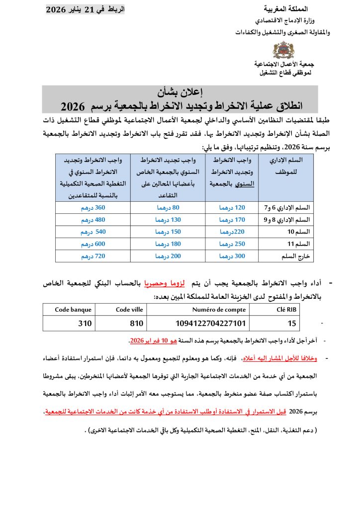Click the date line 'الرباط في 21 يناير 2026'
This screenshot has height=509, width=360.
[x=86, y=10]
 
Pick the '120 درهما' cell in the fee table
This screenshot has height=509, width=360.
[x=232, y=208]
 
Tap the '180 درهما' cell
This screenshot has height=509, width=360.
[x=168, y=244]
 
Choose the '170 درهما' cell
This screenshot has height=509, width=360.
[x=232, y=220]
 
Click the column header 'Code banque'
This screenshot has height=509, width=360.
[x=74, y=310]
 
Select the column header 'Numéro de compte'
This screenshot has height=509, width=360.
[x=219, y=310]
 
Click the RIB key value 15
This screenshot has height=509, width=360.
[x=291, y=323]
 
